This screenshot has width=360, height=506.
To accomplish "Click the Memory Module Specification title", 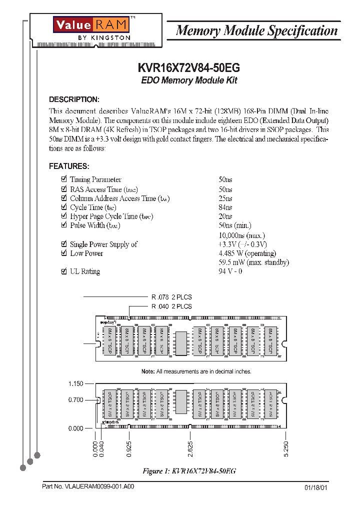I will click(x=257, y=31).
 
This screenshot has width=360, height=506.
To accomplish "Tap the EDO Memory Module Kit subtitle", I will click(x=189, y=80).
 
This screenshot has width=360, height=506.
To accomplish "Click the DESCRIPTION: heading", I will click(x=74, y=99).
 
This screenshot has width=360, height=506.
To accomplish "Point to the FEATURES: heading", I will click(x=69, y=166).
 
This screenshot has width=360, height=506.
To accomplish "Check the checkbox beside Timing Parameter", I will click(x=63, y=179).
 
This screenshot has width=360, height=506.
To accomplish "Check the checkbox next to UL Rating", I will click(x=63, y=271).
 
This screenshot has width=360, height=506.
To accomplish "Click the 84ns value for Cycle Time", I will click(x=225, y=207).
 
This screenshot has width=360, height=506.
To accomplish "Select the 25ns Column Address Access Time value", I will click(x=225, y=198).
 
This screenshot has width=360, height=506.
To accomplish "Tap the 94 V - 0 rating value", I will click(x=230, y=271).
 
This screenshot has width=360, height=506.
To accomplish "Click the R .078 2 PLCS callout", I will click(x=171, y=297).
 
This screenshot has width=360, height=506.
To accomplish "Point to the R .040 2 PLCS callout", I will click(x=171, y=306).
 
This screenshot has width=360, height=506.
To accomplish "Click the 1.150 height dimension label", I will click(x=75, y=383).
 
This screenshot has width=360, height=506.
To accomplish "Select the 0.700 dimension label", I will click(x=75, y=400).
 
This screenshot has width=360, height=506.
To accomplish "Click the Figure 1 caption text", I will click(x=189, y=471).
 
